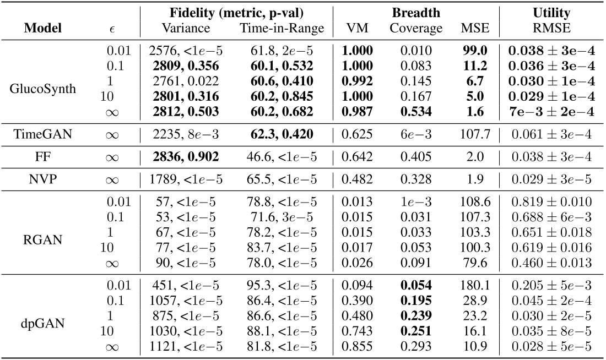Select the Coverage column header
point(416,28)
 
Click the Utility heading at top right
point(551,12)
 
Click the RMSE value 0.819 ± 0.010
point(551,203)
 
